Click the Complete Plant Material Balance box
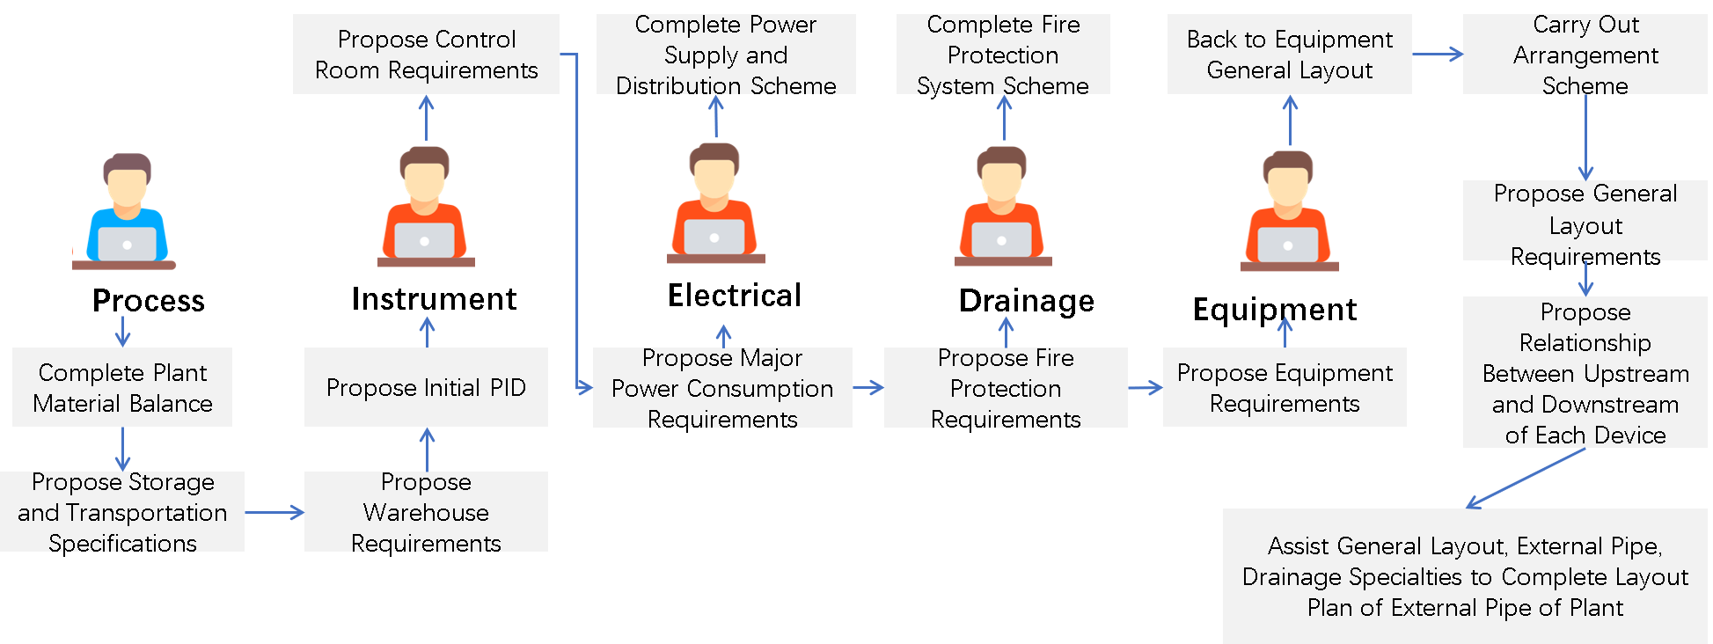(x=122, y=387)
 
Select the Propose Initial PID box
(x=426, y=387)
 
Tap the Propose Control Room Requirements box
(x=426, y=54)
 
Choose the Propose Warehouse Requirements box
(x=426, y=511)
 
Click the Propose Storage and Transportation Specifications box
(x=122, y=511)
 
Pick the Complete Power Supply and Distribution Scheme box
(x=726, y=54)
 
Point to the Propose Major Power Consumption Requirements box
(x=722, y=387)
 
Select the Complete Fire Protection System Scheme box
(x=1003, y=54)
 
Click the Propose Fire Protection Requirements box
(x=1006, y=387)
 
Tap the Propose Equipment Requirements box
(x=1285, y=387)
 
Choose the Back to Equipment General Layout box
(x=1289, y=54)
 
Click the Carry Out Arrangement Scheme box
(x=1585, y=54)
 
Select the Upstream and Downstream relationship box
(x=1585, y=372)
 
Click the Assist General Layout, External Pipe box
(x=1465, y=576)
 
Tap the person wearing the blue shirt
(x=126, y=211)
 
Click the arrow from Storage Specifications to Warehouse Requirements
(x=274, y=512)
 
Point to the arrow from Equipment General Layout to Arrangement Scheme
(x=1437, y=55)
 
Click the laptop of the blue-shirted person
(x=127, y=244)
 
